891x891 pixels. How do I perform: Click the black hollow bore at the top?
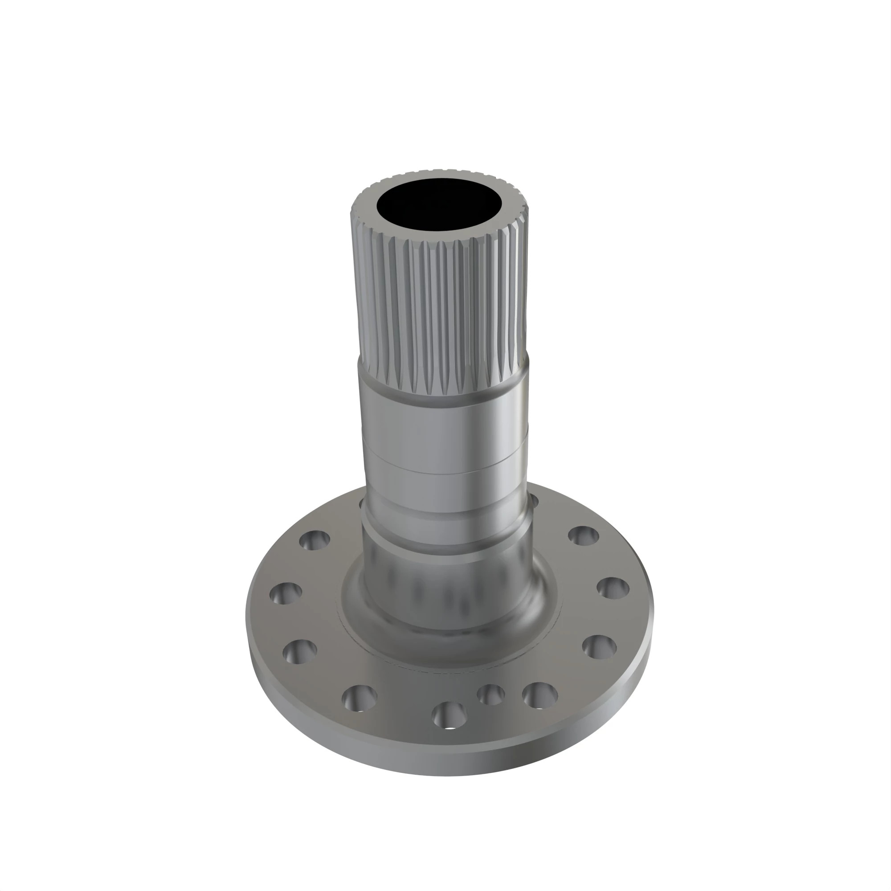(x=439, y=205)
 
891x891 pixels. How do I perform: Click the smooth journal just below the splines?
(x=443, y=424)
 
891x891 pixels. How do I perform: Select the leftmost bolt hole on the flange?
(x=286, y=593)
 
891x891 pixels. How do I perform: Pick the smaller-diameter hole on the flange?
(x=490, y=694)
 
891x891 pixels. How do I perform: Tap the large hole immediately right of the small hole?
(x=540, y=695)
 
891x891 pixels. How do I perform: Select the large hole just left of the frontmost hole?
(x=359, y=698)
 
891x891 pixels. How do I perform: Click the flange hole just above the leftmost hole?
(x=315, y=540)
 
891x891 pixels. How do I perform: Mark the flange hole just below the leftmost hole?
(x=300, y=651)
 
